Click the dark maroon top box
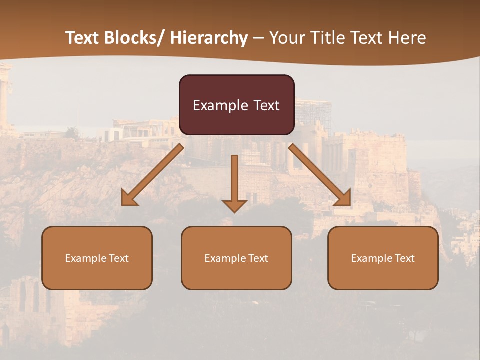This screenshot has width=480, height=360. tap(236, 105)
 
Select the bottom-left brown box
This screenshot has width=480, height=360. tap(97, 258)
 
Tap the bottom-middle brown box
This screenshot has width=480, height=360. tap(236, 258)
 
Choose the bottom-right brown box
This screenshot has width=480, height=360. tap(383, 258)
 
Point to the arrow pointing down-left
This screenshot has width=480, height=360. tap(152, 175)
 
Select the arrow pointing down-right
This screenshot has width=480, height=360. tap(320, 175)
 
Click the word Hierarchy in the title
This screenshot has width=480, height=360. tap(209, 38)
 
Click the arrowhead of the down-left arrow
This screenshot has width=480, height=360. tap(128, 198)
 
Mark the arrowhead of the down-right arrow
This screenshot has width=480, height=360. tap(343, 198)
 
